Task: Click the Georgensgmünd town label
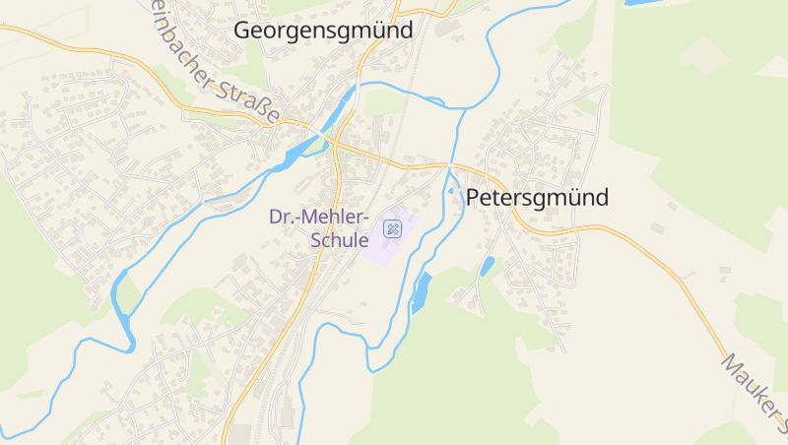click(x=323, y=31)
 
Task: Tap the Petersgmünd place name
click(x=537, y=197)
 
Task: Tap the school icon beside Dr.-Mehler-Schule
click(x=392, y=229)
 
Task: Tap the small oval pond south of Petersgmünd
click(x=487, y=266)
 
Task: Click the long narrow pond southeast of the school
click(x=422, y=292)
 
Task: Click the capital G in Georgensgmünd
click(x=243, y=31)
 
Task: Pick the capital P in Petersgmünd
click(x=472, y=197)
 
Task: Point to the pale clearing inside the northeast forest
click(x=703, y=54)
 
